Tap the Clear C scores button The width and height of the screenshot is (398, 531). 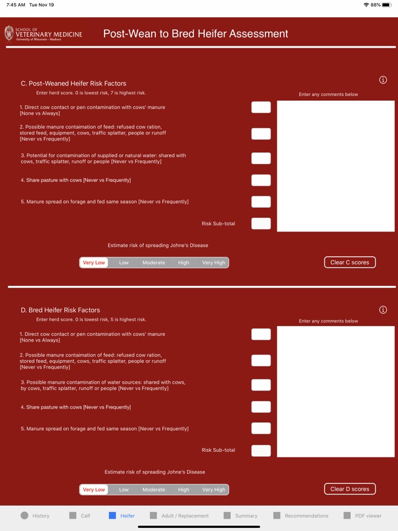(350, 262)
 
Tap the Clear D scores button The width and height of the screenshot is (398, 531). (350, 489)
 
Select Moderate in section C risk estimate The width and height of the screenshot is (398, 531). (154, 262)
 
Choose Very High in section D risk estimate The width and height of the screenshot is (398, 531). (214, 490)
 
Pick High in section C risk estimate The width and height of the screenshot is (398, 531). (184, 262)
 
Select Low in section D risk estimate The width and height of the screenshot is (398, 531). (124, 490)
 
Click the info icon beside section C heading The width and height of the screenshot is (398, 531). (383, 80)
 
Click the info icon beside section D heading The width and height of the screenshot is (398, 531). (383, 309)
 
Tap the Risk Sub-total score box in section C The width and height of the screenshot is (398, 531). (261, 223)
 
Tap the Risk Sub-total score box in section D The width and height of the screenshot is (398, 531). (261, 451)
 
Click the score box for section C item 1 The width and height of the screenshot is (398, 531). (261, 107)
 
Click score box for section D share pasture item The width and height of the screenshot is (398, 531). (261, 407)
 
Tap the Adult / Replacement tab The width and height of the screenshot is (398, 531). (180, 516)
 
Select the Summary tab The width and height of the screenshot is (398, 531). (241, 516)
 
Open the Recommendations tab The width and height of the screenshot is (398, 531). (301, 516)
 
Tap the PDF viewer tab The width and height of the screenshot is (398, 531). (363, 516)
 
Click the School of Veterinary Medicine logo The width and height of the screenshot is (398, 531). (43, 33)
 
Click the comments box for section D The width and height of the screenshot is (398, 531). (335, 392)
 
